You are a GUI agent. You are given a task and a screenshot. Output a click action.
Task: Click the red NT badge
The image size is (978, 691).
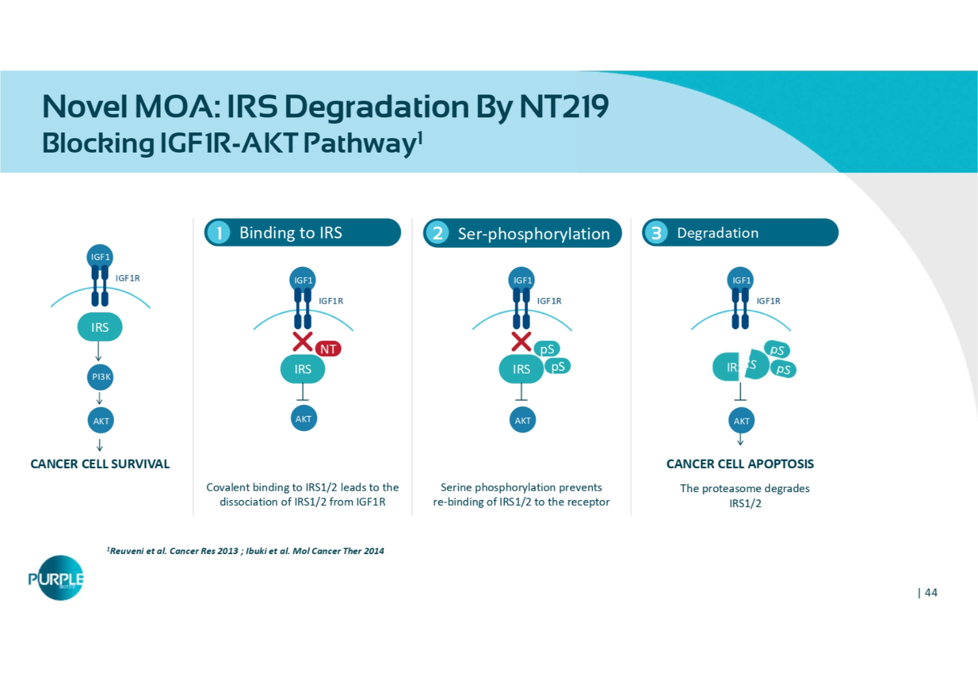[x=328, y=349]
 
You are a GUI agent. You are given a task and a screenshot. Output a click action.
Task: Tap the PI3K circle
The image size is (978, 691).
[x=100, y=377]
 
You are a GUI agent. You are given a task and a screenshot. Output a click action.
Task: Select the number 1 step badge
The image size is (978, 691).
[x=220, y=233]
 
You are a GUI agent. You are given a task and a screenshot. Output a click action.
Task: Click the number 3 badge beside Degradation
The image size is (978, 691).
[x=657, y=233]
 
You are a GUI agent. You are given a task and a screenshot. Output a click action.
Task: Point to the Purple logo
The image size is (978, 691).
[x=57, y=578]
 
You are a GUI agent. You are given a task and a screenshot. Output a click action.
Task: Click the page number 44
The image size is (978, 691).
[x=930, y=593]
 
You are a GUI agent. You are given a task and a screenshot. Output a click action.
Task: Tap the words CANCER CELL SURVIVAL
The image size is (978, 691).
[x=100, y=464]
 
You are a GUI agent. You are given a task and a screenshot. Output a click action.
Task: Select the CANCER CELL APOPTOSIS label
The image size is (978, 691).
[x=740, y=464]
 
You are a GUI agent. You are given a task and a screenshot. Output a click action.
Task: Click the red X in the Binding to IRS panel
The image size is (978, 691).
[x=303, y=341]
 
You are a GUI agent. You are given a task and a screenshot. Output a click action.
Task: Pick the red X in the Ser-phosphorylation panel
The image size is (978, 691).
[x=521, y=341]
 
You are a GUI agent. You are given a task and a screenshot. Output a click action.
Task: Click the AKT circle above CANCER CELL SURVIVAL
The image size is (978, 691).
[x=100, y=420]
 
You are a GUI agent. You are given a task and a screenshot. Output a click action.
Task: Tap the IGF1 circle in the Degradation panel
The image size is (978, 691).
[x=741, y=280]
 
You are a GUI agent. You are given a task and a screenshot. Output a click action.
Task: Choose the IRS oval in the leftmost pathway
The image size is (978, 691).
[x=100, y=327]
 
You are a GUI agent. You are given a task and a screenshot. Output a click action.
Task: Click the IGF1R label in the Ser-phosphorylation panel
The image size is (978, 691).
[x=549, y=301]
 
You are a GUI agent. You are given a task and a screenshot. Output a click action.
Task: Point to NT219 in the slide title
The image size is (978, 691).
[x=564, y=107]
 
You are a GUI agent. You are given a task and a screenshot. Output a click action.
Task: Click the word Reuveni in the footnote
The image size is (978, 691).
[x=126, y=551]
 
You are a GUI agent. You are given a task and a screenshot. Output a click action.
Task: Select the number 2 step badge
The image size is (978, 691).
[x=438, y=233]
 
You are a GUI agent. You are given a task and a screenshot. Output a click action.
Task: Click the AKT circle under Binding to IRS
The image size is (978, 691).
[x=303, y=419]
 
